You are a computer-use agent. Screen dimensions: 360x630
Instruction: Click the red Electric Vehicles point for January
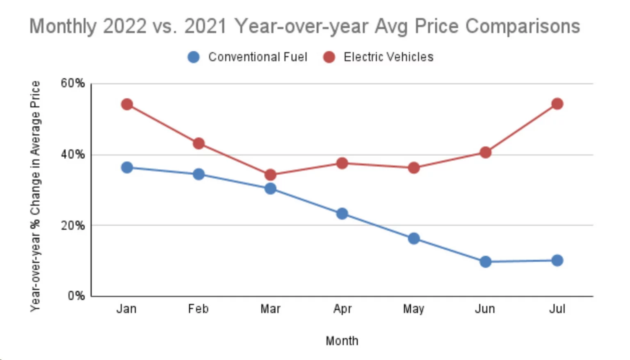127,104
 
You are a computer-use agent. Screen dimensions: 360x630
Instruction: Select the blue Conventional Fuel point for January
127,167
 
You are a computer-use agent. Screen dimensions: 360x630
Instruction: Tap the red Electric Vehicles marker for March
270,175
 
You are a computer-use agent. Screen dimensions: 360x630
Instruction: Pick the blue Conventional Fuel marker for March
270,189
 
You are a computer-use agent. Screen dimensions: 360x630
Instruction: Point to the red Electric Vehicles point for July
557,104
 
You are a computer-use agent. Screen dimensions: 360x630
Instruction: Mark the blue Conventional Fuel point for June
485,262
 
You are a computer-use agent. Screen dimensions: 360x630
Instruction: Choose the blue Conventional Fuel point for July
557,260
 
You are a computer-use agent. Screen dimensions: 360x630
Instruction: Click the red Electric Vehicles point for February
199,144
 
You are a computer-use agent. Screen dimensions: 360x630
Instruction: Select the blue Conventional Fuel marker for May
414,238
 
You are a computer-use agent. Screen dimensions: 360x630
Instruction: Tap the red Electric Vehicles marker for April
342,163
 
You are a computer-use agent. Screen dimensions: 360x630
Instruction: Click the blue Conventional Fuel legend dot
194,57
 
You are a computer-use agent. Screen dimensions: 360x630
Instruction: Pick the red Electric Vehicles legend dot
329,57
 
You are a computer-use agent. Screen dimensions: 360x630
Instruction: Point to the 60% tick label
73,83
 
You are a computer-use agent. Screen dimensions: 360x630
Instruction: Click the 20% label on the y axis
73,226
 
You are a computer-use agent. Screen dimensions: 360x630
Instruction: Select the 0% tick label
76,296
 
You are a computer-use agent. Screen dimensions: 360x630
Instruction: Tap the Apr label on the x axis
342,309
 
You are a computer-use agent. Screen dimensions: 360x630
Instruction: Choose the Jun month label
485,309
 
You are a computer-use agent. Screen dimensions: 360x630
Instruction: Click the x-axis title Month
342,341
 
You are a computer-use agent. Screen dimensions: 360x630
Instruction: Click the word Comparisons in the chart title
523,26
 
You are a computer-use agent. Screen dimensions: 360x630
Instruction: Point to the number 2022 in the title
125,26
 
